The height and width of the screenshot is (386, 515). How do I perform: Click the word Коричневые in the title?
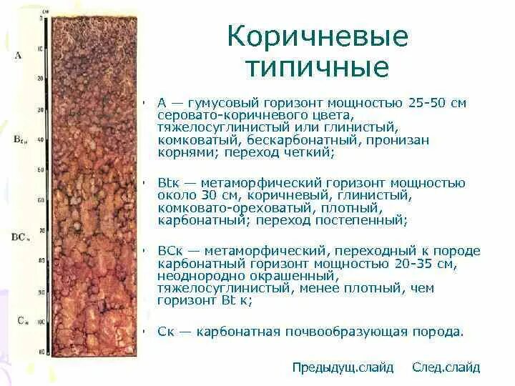tap(318, 36)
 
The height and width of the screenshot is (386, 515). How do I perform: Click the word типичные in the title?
tap(318, 67)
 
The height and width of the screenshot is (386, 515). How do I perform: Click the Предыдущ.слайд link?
tap(343, 367)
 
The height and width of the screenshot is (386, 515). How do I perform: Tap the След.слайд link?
tap(446, 367)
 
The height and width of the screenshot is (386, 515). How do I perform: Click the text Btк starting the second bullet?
tap(167, 183)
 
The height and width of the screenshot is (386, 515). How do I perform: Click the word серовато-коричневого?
tap(217, 115)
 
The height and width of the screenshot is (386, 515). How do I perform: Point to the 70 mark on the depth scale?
tap(40, 230)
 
